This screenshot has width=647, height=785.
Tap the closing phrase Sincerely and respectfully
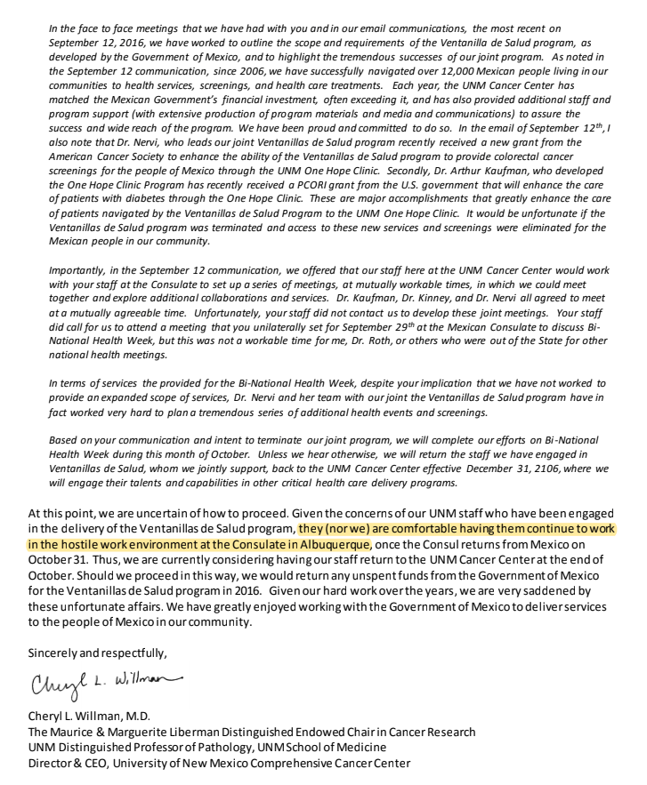point(97,653)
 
